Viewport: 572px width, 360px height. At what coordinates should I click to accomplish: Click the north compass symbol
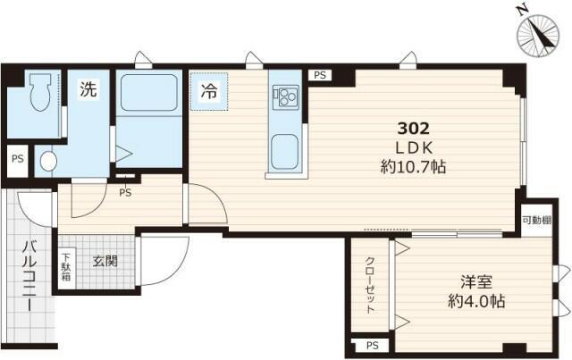pos(538,35)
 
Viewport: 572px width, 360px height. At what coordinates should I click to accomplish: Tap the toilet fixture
pos(39,92)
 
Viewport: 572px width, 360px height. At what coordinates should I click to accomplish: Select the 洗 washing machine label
pos(88,89)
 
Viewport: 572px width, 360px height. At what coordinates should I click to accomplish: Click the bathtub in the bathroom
pos(149,93)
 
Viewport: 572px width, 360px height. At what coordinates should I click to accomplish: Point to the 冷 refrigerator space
pos(209,91)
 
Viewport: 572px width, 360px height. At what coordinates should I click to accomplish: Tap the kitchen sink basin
pos(284,151)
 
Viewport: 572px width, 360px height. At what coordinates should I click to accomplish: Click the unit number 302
pos(413,129)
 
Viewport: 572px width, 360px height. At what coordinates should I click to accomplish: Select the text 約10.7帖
pos(413,167)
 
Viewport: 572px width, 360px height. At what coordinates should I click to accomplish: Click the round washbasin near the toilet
pos(48,161)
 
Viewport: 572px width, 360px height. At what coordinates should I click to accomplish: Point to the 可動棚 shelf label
pos(536,221)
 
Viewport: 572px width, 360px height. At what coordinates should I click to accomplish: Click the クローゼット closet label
pos(370,285)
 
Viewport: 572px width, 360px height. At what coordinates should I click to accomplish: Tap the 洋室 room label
pos(476,281)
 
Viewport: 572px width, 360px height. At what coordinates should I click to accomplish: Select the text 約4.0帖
pos(476,301)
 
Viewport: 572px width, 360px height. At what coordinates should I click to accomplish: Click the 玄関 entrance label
pos(105,261)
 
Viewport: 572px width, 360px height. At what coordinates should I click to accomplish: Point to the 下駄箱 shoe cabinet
pos(66,266)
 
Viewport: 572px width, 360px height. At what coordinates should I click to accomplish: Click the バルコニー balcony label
pos(29,276)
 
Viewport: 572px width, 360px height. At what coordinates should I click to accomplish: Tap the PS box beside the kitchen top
pos(320,75)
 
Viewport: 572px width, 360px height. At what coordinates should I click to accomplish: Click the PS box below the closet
pos(372,345)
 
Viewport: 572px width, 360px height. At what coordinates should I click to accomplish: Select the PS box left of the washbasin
pos(18,160)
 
